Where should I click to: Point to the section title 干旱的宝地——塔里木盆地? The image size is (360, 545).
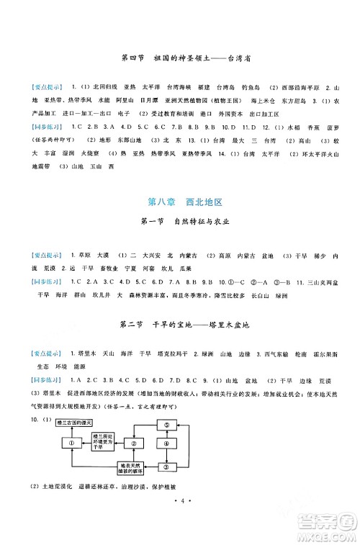click(180, 325)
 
